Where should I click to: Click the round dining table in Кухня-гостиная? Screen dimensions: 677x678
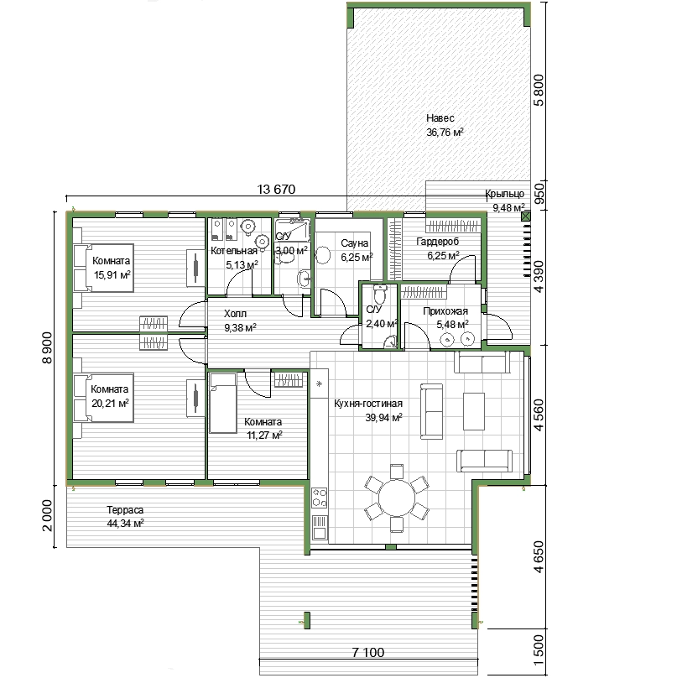[x=397, y=498]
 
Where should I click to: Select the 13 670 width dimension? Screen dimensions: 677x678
[x=276, y=189]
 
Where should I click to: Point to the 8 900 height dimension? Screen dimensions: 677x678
[x=47, y=347]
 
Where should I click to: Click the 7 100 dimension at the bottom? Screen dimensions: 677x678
[x=368, y=652]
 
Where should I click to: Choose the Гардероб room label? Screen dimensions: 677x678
[x=437, y=242]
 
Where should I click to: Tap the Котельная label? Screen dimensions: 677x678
[x=234, y=251]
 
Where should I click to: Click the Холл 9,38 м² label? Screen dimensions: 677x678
[x=240, y=321]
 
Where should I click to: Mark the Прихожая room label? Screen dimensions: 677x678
[x=445, y=311]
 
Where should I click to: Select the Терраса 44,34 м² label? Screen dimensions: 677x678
[x=125, y=517]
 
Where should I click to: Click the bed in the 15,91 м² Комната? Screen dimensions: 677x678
[x=103, y=268]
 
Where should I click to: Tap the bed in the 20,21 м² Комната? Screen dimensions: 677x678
[x=103, y=398]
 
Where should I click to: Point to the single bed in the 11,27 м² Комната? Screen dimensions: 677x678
[x=223, y=403]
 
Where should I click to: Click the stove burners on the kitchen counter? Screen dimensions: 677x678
[x=320, y=498]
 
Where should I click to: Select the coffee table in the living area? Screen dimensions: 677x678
[x=474, y=411]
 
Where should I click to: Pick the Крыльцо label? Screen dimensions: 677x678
[x=504, y=194]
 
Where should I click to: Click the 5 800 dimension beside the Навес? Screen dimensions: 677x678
[x=539, y=91]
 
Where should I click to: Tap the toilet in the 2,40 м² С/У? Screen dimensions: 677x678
[x=379, y=294]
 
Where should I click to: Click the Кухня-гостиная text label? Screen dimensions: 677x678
[x=368, y=404]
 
